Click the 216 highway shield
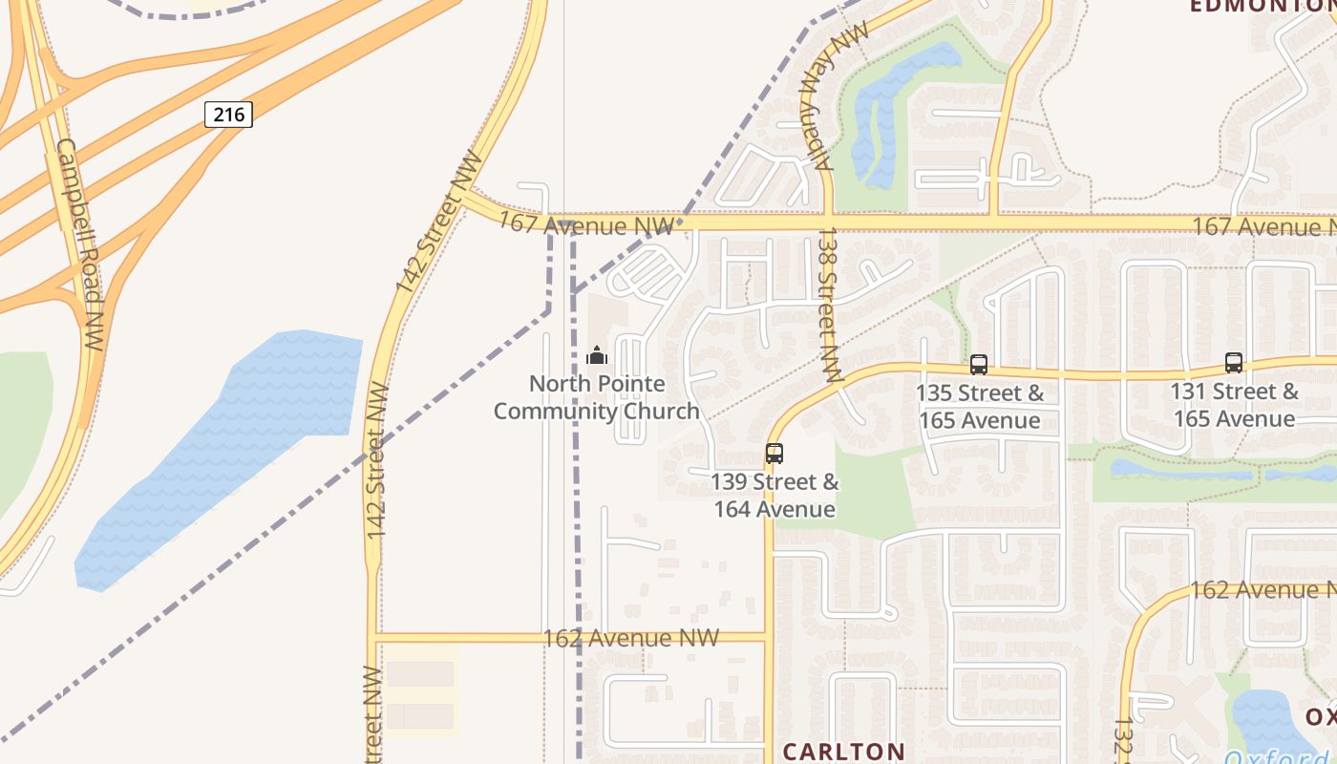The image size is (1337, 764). (228, 115)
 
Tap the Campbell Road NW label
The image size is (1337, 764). (80, 244)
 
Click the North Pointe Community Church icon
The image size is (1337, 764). (597, 356)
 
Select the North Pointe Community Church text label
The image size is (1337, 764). (597, 397)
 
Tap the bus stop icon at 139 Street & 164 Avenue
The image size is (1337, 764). (774, 454)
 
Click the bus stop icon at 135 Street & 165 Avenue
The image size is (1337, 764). (978, 364)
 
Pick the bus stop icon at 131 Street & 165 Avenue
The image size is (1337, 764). (1234, 363)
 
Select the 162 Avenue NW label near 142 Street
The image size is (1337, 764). (630, 637)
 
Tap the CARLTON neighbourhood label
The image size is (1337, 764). (843, 751)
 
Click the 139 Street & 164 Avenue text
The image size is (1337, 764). (775, 496)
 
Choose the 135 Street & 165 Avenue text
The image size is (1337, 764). (980, 407)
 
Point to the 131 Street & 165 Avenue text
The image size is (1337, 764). (1235, 405)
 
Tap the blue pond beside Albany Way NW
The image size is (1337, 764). (893, 110)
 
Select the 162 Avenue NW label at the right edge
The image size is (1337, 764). (1261, 589)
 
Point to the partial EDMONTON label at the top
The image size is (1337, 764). (1261, 7)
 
